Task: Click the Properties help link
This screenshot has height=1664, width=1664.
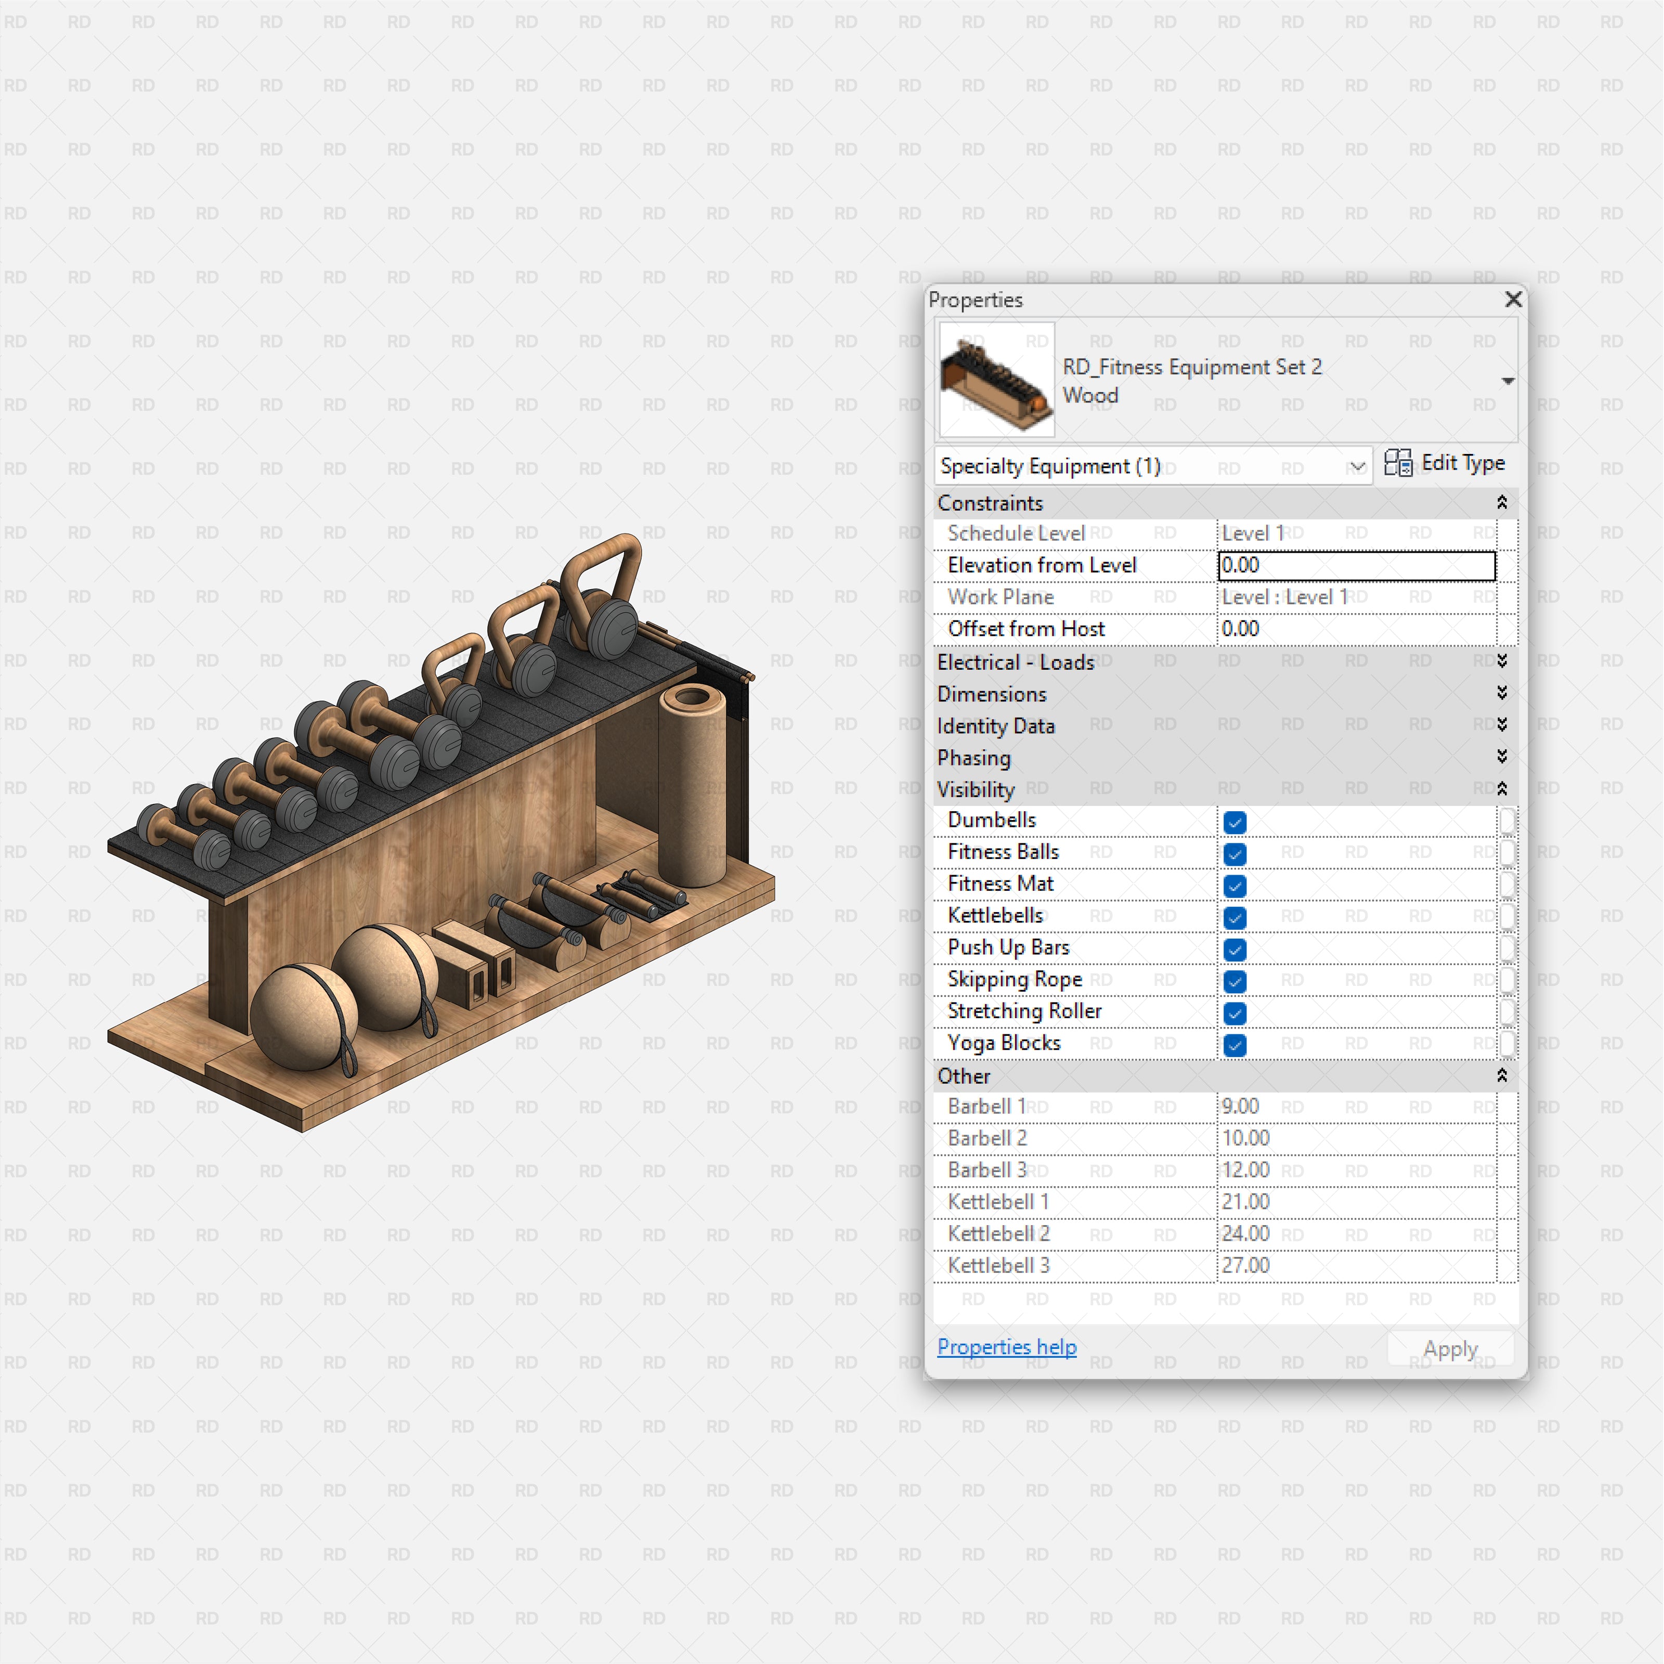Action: (1006, 1346)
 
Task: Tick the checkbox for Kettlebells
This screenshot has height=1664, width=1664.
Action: (1234, 917)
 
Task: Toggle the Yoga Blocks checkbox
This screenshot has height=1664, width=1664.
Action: (1234, 1045)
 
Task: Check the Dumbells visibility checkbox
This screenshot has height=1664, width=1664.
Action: (1234, 822)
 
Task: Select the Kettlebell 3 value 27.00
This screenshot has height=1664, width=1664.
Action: (1245, 1265)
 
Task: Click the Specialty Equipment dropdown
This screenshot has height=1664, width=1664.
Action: (1152, 466)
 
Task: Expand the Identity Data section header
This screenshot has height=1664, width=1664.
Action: (996, 726)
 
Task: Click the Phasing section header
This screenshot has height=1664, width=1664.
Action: (974, 758)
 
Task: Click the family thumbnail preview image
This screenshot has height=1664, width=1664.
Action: (996, 379)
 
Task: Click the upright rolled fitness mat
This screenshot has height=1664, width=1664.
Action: (692, 784)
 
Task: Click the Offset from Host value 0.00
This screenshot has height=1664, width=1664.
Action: (1240, 629)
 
